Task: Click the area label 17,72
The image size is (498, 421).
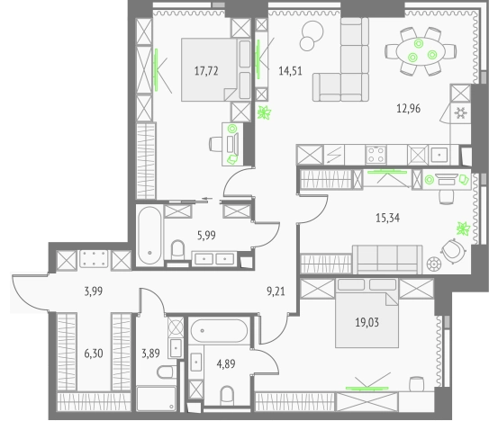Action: [206, 71]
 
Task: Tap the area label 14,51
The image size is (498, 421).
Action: [290, 71]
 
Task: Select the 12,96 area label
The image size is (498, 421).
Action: [409, 109]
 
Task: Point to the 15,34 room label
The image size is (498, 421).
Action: [387, 218]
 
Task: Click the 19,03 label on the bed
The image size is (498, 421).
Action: [367, 322]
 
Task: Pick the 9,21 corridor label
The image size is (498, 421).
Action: [276, 291]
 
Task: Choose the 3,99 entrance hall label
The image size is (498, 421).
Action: [94, 291]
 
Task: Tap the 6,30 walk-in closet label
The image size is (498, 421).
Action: [94, 354]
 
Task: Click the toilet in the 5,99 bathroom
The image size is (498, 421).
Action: [178, 251]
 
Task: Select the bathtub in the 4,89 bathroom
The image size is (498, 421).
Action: [219, 330]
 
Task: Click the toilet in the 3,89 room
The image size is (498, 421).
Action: [167, 372]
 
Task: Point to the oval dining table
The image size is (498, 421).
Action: [421, 52]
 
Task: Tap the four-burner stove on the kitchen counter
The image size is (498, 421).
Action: [376, 155]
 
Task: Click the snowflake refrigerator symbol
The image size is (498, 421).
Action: [460, 113]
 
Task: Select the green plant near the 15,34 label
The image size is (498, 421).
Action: [464, 228]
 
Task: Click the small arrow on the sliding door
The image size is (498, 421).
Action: [207, 199]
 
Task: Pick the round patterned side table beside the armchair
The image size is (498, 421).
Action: [434, 264]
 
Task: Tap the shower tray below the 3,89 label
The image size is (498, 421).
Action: [157, 399]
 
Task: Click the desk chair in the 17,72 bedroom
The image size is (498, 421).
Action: [215, 144]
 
